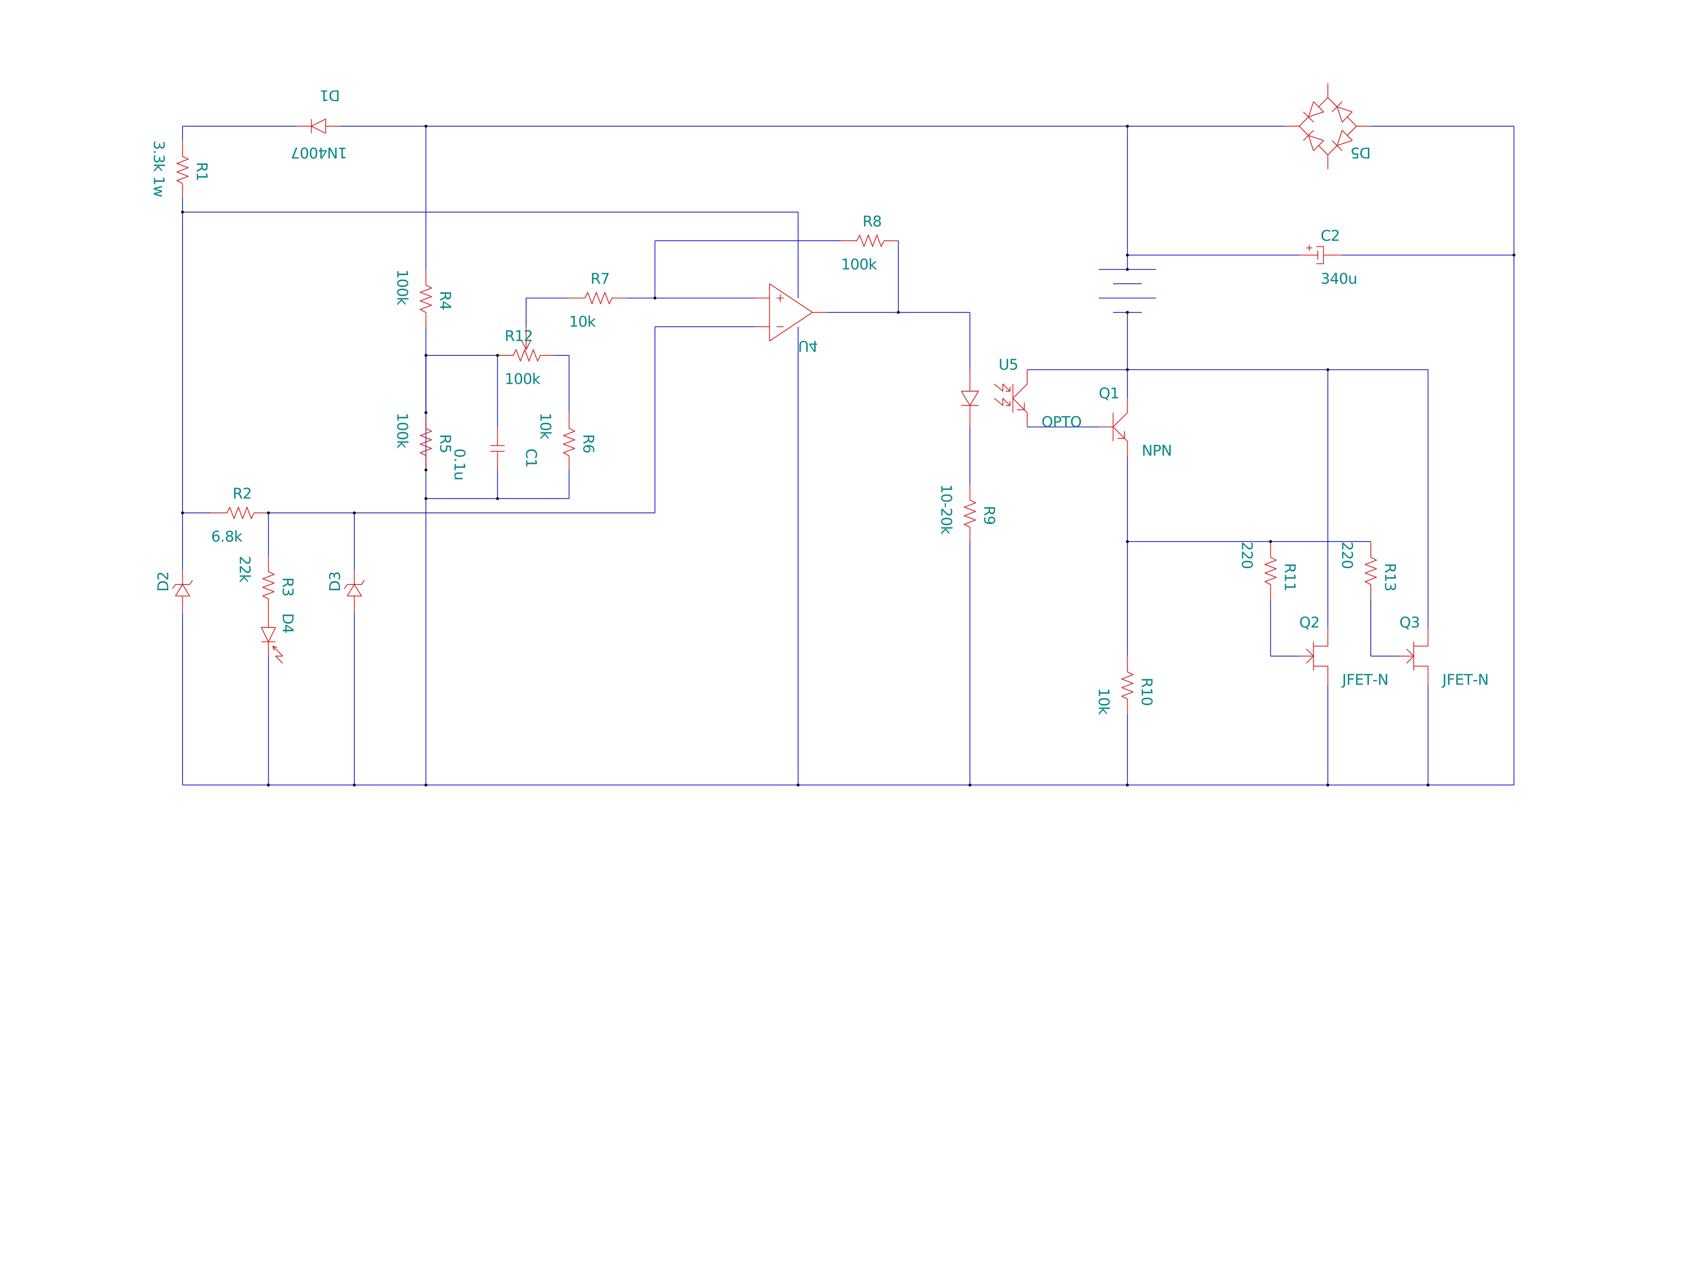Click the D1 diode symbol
[319, 126]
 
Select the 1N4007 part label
[319, 153]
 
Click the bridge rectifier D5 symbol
[1328, 126]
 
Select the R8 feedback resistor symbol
[870, 241]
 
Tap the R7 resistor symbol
[598, 298]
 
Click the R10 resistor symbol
[1127, 685]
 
